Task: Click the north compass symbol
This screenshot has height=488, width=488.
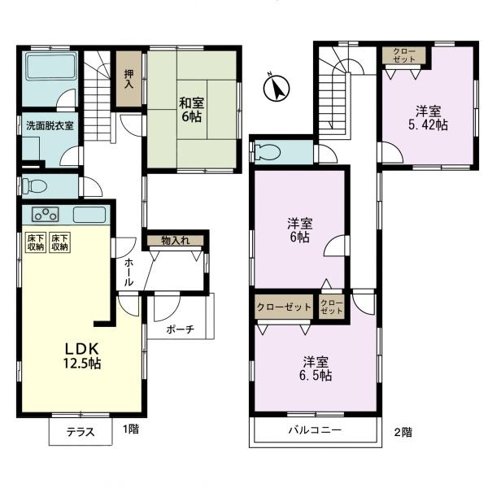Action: pos(277,88)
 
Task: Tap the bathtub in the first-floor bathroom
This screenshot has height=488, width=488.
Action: pos(51,68)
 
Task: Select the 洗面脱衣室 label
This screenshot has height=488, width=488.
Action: pos(50,126)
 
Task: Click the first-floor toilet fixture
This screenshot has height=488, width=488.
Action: pos(34,186)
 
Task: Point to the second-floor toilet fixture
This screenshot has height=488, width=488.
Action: pos(267,153)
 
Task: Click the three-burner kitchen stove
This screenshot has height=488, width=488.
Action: pos(46,215)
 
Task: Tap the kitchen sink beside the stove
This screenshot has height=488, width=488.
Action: pos(89,215)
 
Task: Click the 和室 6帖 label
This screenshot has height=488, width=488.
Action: pos(191,110)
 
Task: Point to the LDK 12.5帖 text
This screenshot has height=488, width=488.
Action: pos(82,355)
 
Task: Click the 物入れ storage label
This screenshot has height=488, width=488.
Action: pos(176,240)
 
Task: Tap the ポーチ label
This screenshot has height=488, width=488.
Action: pos(181,329)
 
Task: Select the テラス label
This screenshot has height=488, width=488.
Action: pos(81,432)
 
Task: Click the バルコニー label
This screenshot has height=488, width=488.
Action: pos(315,430)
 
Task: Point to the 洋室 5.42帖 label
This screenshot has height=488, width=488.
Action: pos(428,118)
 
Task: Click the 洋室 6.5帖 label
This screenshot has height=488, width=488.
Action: pos(316,369)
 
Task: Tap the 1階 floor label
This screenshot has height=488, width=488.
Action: pos(131,429)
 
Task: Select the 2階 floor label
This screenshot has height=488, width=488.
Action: pos(403,433)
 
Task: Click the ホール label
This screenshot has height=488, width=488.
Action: pos(129,272)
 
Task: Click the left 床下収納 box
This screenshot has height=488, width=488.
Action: pos(36,242)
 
